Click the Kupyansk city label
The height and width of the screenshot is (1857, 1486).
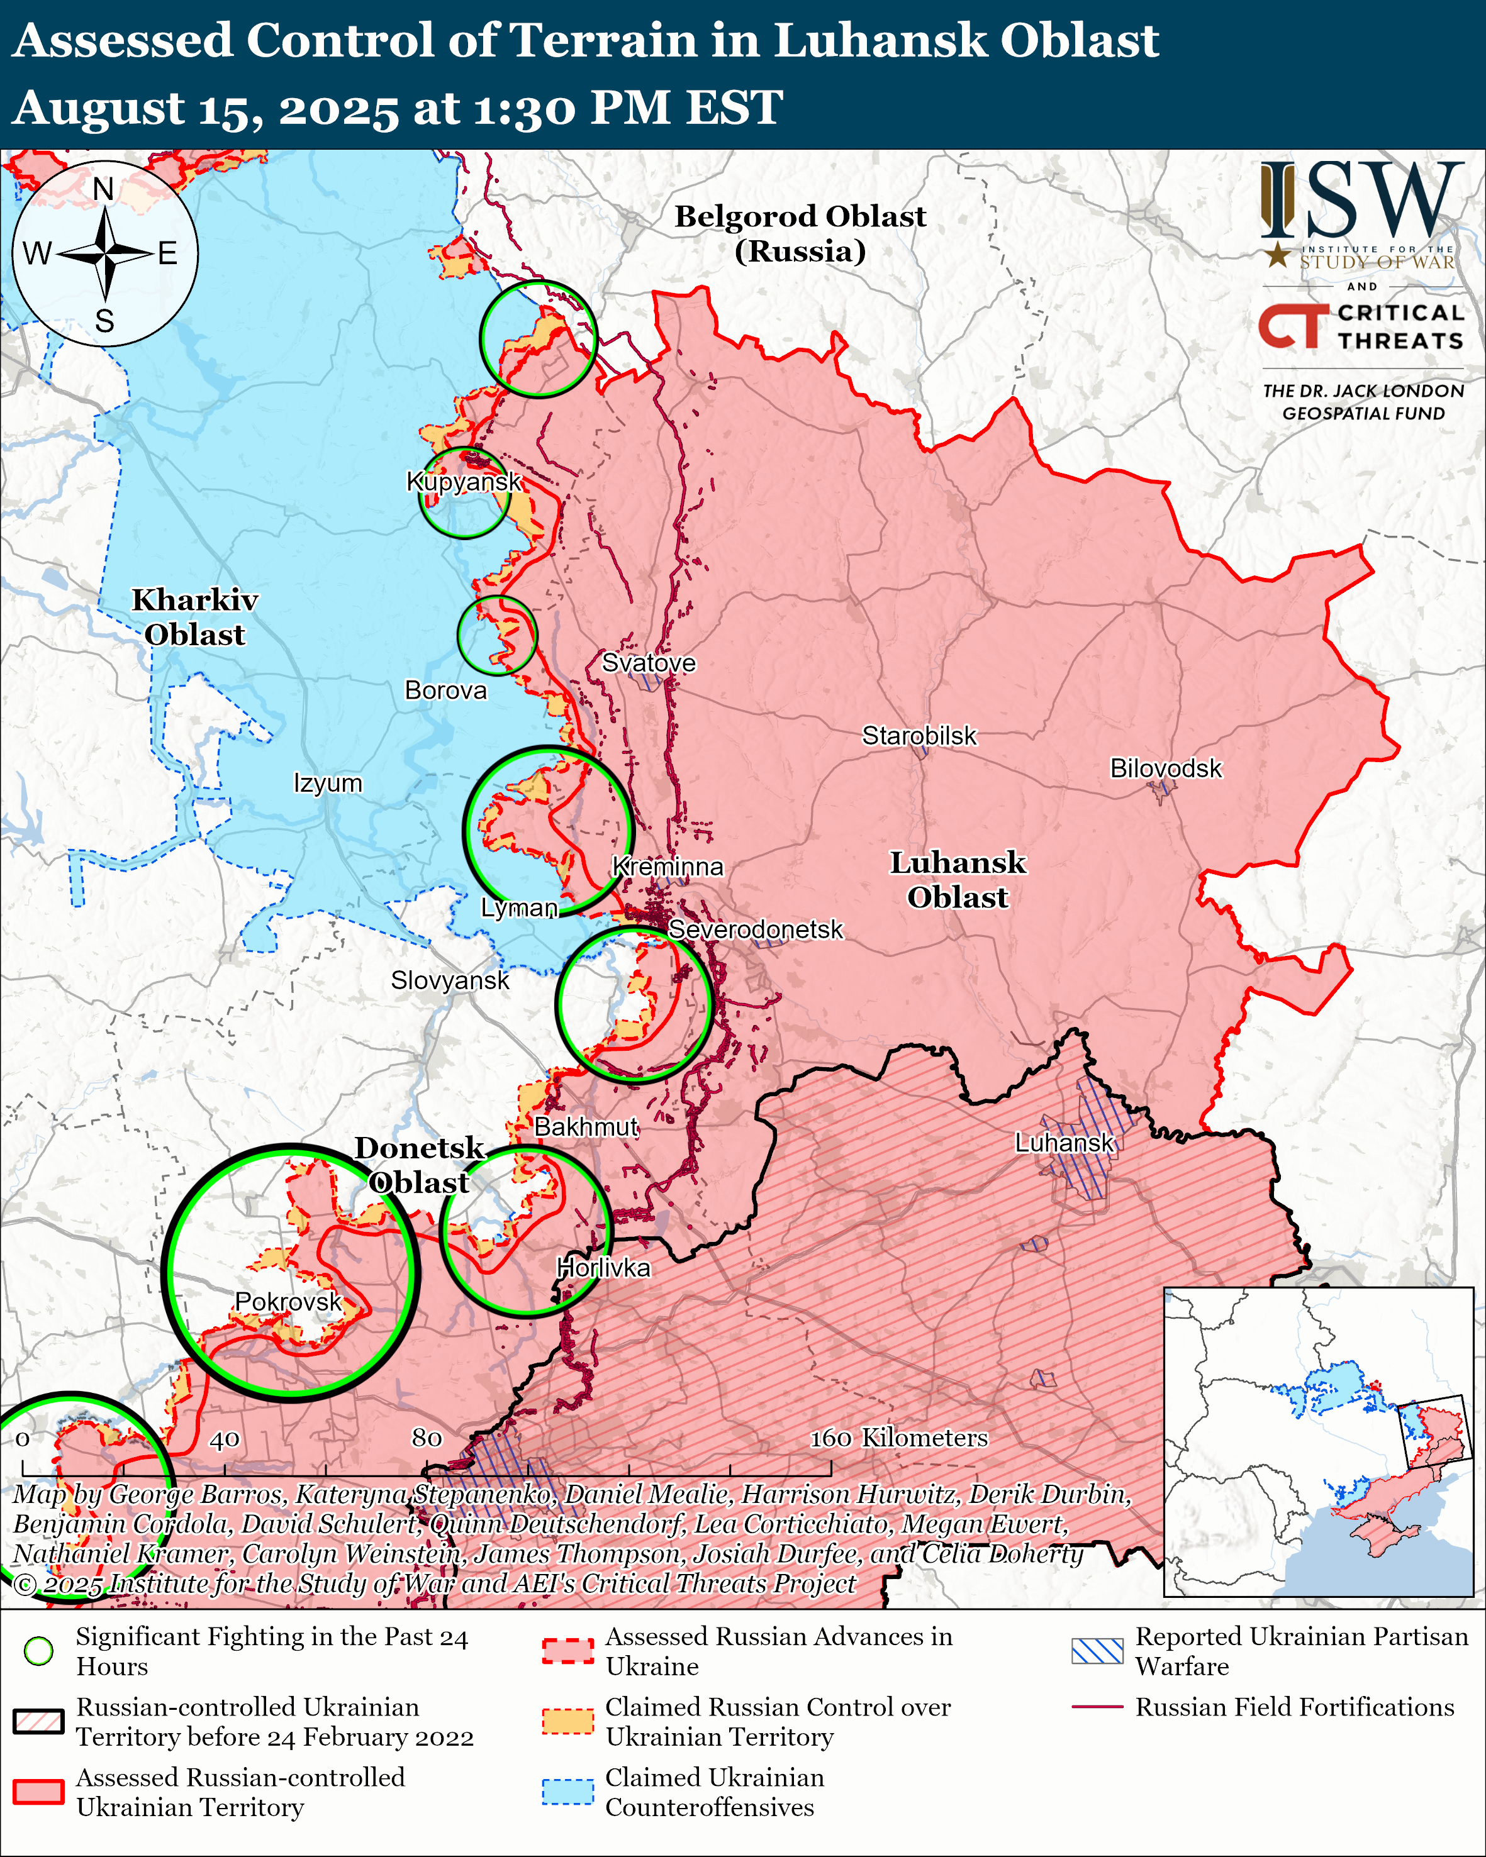coord(464,482)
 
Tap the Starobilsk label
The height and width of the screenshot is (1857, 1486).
coord(919,736)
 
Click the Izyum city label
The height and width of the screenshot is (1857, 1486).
coord(327,783)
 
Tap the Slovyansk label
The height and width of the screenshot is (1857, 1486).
coord(450,980)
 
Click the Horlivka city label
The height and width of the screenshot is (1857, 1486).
coord(603,1267)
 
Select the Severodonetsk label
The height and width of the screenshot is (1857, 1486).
coord(756,929)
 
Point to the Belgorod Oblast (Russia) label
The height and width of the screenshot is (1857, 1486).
coord(800,233)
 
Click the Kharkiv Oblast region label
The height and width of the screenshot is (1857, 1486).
coord(194,617)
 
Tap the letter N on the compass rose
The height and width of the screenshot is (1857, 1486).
coord(103,189)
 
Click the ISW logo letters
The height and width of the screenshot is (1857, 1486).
coord(1361,201)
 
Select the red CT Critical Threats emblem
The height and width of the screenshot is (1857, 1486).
coord(1292,326)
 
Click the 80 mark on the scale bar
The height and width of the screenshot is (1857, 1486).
coord(427,1438)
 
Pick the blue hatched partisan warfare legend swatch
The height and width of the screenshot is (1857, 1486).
coord(1097,1651)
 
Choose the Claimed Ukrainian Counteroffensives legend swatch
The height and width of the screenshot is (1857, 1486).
coord(567,1792)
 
